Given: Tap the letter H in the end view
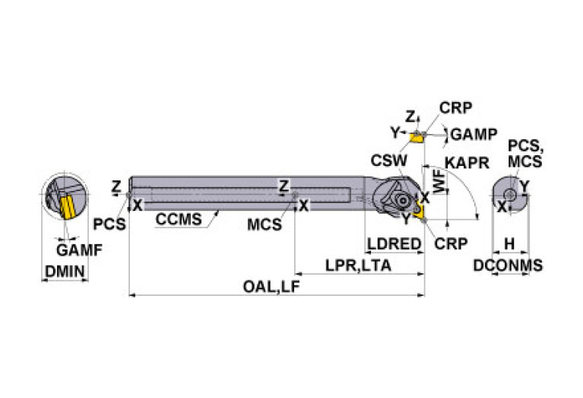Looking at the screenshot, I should click(x=510, y=244).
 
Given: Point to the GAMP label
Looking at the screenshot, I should click(x=473, y=134).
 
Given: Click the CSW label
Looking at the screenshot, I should click(x=388, y=161).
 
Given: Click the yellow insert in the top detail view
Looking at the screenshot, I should click(x=416, y=136).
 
